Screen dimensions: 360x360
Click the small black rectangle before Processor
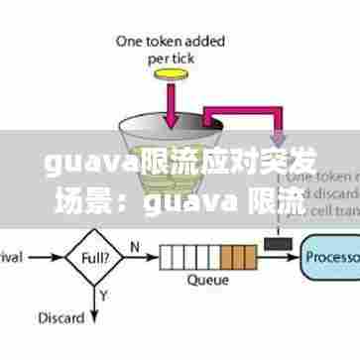pyautogui.click(x=277, y=242)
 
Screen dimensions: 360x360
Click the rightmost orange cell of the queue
pyautogui.click(x=247, y=257)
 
